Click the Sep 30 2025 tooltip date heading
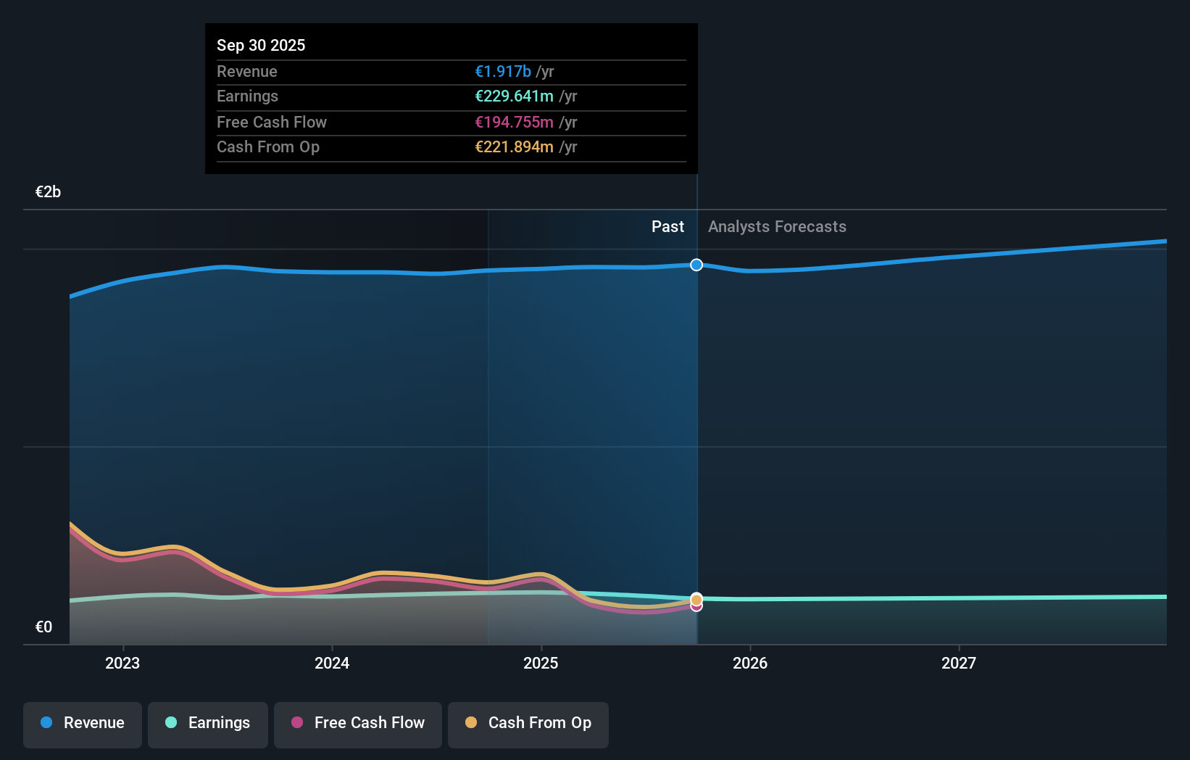coord(261,45)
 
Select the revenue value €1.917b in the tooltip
coord(502,71)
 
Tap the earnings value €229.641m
coord(514,96)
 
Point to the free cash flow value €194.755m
coord(514,122)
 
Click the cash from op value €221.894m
coord(514,146)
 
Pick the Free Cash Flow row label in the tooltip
coord(272,122)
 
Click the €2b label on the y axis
coord(48,191)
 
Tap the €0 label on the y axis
coord(43,627)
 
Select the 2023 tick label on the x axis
coord(122,663)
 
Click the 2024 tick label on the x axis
coord(332,663)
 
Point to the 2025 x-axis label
coord(541,663)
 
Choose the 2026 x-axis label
coord(750,663)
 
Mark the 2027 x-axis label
coord(959,663)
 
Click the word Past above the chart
coord(667,226)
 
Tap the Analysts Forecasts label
coord(777,226)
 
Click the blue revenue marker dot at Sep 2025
coord(696,265)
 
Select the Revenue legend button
coord(83,723)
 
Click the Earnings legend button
coord(208,723)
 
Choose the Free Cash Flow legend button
coord(358,723)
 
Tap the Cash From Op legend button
coord(528,723)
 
